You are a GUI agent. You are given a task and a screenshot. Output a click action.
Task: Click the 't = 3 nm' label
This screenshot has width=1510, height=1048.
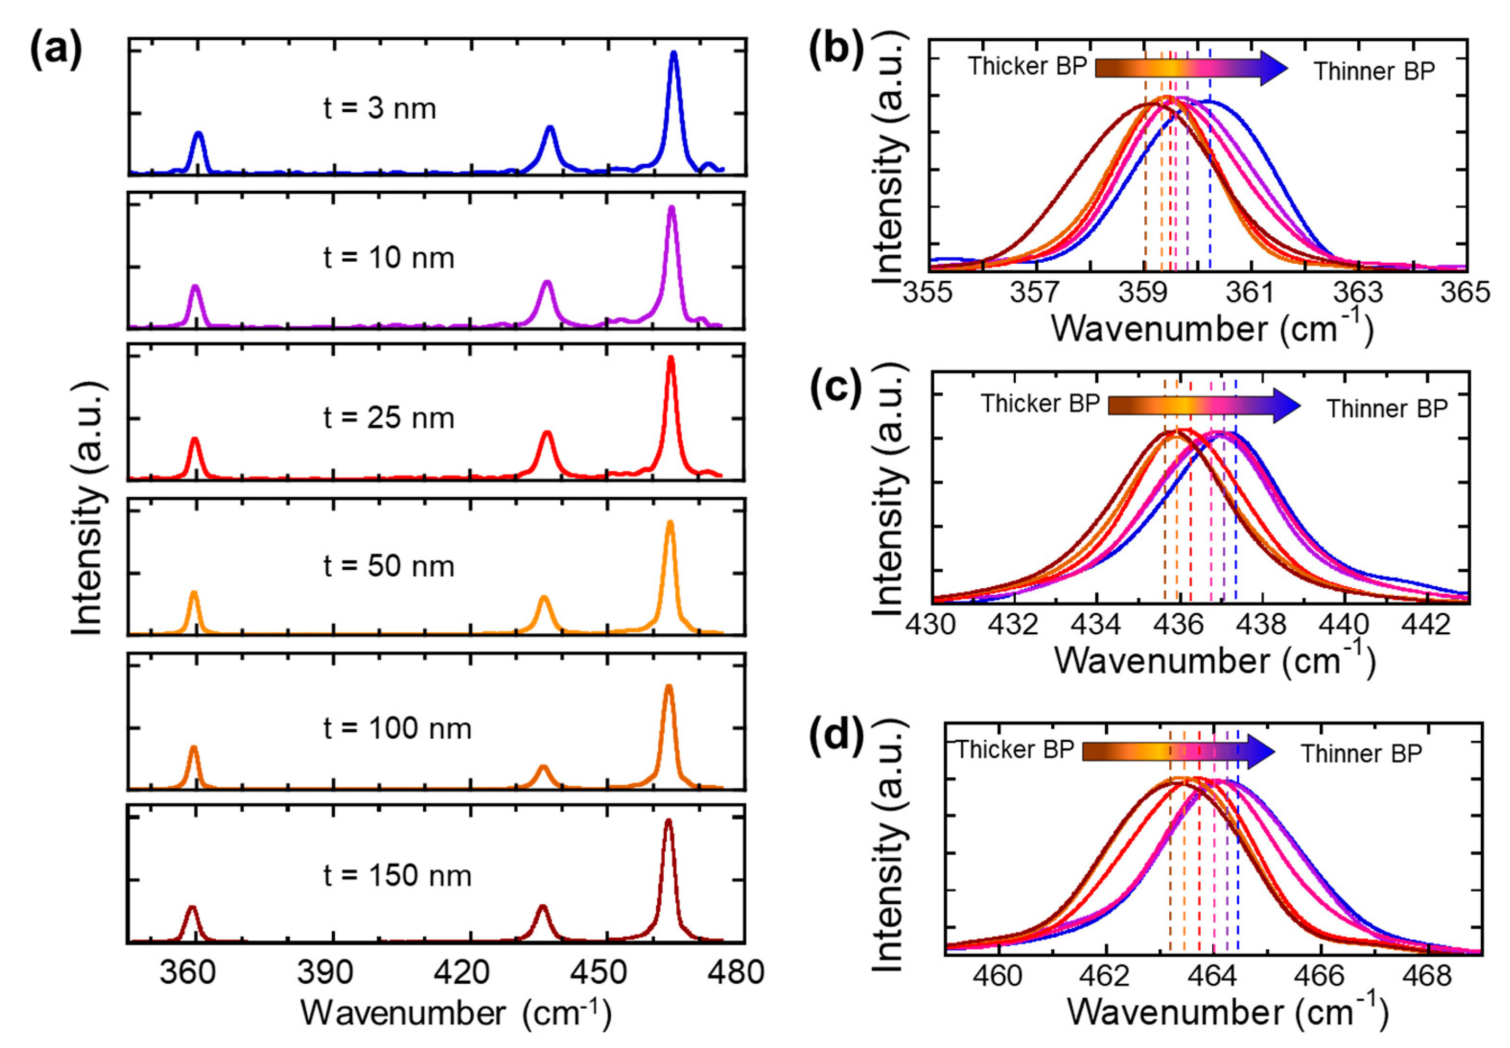click(380, 108)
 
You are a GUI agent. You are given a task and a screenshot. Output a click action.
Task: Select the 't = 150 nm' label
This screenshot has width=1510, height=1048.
click(397, 875)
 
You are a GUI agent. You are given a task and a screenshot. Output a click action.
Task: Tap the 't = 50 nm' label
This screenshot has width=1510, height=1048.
click(389, 566)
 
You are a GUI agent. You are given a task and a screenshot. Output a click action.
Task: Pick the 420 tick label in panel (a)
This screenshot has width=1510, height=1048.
click(462, 972)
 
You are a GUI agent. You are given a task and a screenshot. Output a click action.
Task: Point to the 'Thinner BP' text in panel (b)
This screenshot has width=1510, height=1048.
click(1374, 71)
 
